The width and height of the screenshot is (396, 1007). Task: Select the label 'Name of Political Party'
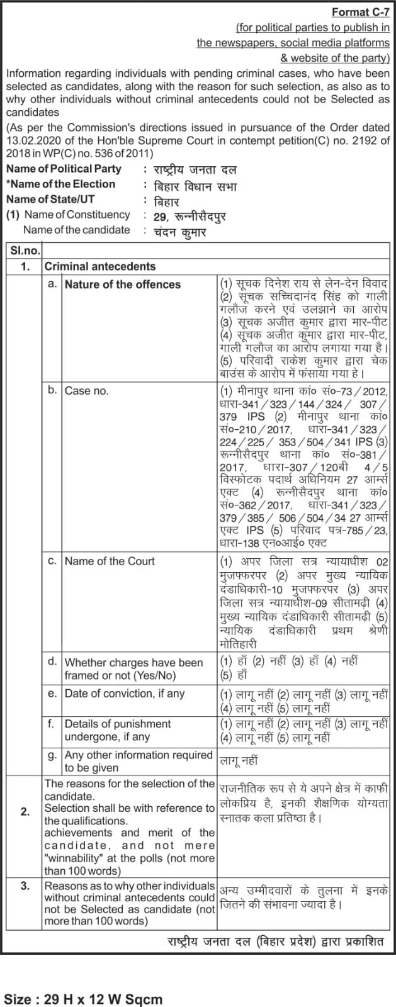tap(64, 169)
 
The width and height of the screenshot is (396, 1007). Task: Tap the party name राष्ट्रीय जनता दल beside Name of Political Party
tap(190, 170)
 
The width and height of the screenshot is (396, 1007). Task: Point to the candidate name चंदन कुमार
tap(179, 232)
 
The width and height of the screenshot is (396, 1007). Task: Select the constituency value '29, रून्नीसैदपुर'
tap(189, 217)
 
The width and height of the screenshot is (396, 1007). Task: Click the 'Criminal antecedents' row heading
tap(99, 266)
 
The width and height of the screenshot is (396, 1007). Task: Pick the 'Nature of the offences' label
tap(123, 284)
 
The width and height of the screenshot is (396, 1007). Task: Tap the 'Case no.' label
tap(87, 391)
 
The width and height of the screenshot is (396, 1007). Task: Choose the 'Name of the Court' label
tap(110, 561)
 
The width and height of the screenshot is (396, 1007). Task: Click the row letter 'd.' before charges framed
tap(53, 661)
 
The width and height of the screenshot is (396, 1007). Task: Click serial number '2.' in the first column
tap(25, 812)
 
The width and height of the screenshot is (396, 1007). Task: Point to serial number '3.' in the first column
tap(25, 886)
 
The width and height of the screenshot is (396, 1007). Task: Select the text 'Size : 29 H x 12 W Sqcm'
tap(83, 999)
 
